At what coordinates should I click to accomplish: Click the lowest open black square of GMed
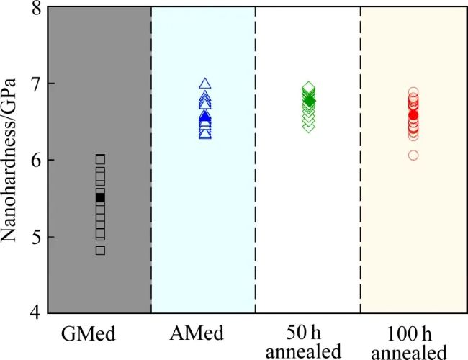click(x=100, y=250)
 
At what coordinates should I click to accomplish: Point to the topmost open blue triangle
click(x=205, y=84)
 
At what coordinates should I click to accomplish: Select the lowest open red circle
click(x=413, y=155)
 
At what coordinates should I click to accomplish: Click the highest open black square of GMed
click(x=100, y=158)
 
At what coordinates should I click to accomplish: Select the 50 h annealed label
click(x=308, y=342)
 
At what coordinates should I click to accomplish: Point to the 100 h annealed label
click(x=413, y=342)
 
